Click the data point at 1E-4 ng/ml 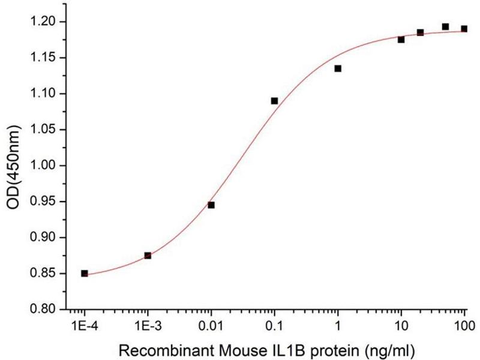85,273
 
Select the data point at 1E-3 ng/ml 148,256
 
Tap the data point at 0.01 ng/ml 211,205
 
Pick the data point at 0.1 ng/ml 274,101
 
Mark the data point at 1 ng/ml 338,68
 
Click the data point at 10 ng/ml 401,40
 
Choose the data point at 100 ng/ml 464,29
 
